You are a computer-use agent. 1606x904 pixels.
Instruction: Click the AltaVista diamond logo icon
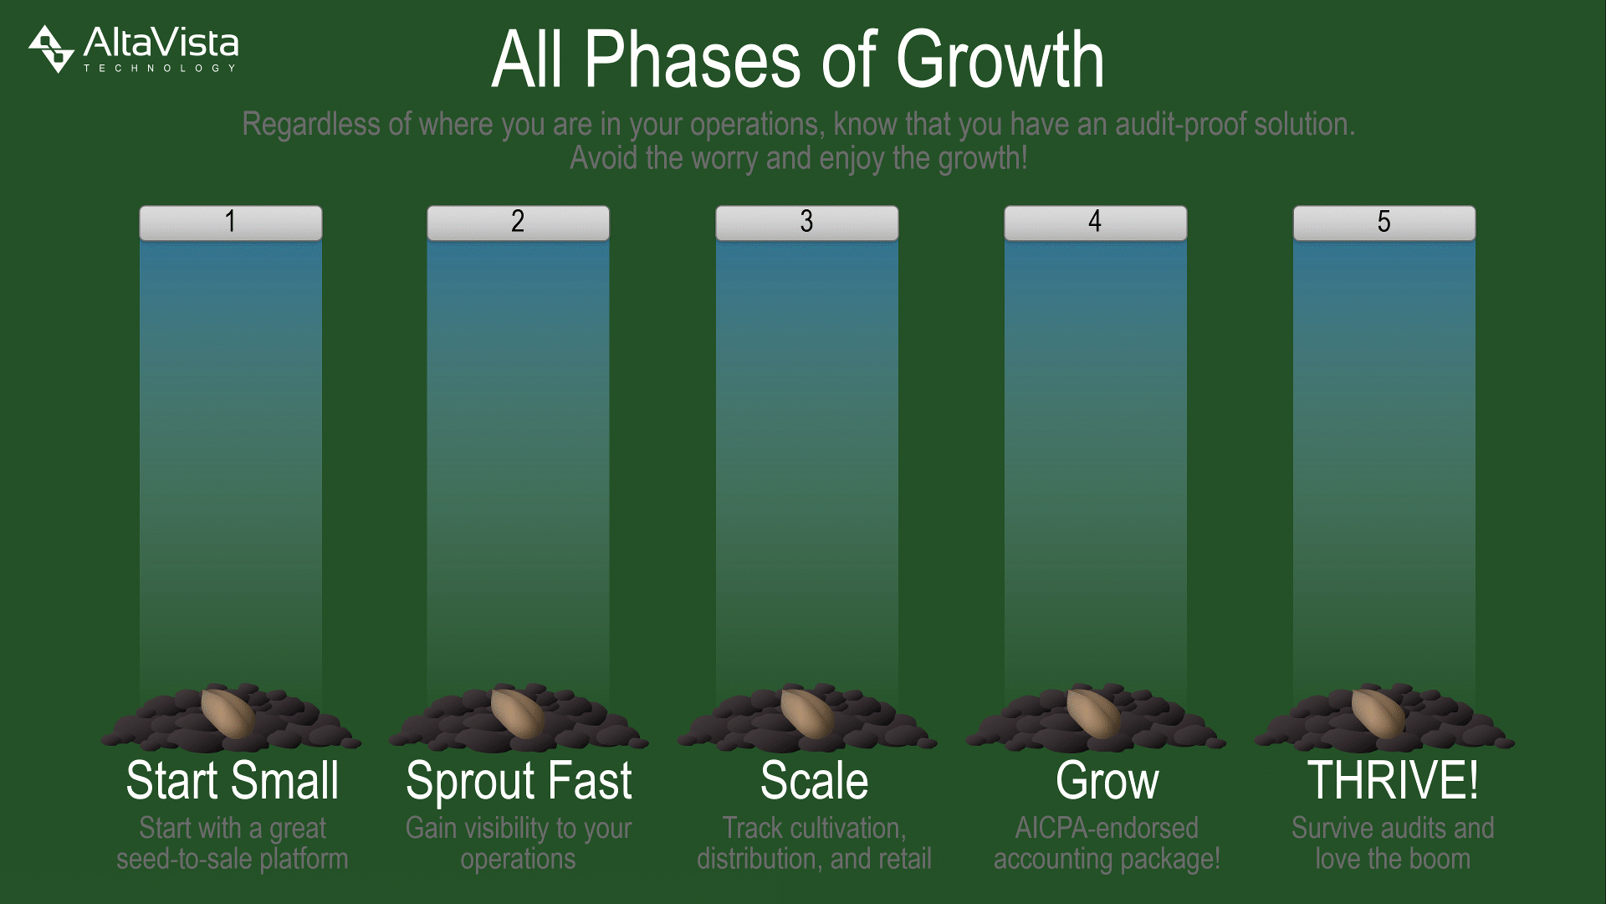(52, 49)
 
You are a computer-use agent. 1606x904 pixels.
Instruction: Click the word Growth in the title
(1000, 60)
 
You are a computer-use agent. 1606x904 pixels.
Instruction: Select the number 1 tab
(230, 223)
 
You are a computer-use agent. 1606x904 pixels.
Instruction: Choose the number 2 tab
(518, 223)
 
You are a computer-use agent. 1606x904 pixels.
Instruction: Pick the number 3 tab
(806, 223)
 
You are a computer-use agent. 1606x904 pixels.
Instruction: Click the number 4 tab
(1095, 223)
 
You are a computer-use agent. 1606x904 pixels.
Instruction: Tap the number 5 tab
(1384, 223)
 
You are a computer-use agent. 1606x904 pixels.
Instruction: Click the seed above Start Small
(228, 712)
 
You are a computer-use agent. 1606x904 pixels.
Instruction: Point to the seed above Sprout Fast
(518, 712)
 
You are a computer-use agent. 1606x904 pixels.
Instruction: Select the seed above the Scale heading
(807, 712)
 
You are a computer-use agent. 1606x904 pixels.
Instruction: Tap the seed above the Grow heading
(1094, 712)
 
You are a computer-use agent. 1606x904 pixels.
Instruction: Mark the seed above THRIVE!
(1379, 712)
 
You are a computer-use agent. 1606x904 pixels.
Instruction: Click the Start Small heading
(233, 781)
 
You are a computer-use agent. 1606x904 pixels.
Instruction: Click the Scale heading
(814, 781)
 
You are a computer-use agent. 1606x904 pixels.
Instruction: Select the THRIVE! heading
(1393, 780)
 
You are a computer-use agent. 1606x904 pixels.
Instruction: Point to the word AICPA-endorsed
(1107, 828)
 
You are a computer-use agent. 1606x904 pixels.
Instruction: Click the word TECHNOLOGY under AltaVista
(160, 68)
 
